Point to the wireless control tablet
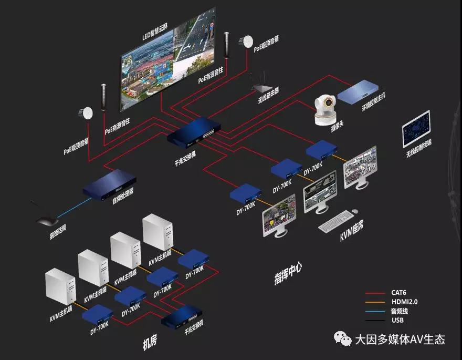(416, 128)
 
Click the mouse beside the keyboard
(355, 211)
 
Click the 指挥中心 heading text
(288, 273)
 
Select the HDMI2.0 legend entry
(404, 302)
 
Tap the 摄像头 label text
(330, 129)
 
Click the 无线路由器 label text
(268, 97)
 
